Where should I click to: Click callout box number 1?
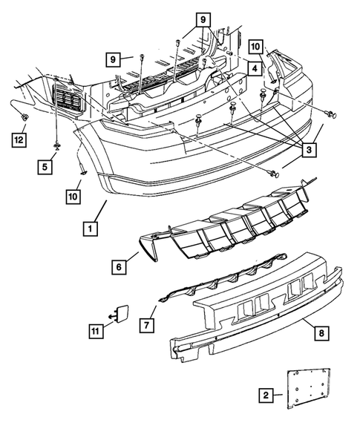pyautogui.click(x=91, y=229)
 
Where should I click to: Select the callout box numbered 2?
pyautogui.click(x=266, y=395)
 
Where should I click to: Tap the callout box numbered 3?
pyautogui.click(x=309, y=150)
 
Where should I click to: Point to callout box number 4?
pyautogui.click(x=255, y=68)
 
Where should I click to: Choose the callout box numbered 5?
pyautogui.click(x=45, y=167)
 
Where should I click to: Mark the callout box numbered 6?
pyautogui.click(x=119, y=267)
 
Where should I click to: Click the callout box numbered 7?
pyautogui.click(x=147, y=325)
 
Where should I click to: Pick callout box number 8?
pyautogui.click(x=321, y=333)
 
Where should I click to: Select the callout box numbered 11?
pyautogui.click(x=96, y=332)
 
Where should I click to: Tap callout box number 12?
pyautogui.click(x=19, y=139)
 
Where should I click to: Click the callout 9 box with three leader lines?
pyautogui.click(x=203, y=20)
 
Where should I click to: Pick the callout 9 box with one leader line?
pyautogui.click(x=113, y=59)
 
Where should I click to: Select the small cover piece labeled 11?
pyautogui.click(x=120, y=314)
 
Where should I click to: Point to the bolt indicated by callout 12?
pyautogui.click(x=24, y=117)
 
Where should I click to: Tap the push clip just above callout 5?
pyautogui.click(x=57, y=145)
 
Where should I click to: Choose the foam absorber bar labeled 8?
pyautogui.click(x=257, y=306)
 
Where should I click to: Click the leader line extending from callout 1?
pyautogui.click(x=100, y=211)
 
